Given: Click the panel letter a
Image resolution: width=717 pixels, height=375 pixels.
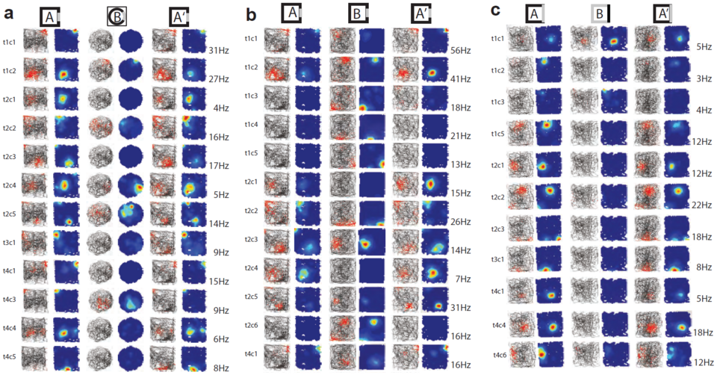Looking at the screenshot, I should click(9, 13).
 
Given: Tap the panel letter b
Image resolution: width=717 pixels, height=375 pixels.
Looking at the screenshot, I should click(252, 13).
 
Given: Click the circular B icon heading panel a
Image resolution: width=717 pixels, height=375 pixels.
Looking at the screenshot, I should click(117, 16).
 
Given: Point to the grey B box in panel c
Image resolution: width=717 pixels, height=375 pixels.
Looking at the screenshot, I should click(600, 13).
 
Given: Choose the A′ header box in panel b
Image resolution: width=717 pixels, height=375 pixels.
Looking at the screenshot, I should click(422, 13).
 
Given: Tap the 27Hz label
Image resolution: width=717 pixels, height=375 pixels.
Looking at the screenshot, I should click(218, 78).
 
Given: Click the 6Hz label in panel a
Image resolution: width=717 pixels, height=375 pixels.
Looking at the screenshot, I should click(218, 338).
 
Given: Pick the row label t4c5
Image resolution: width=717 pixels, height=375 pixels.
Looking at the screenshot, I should click(11, 356).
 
